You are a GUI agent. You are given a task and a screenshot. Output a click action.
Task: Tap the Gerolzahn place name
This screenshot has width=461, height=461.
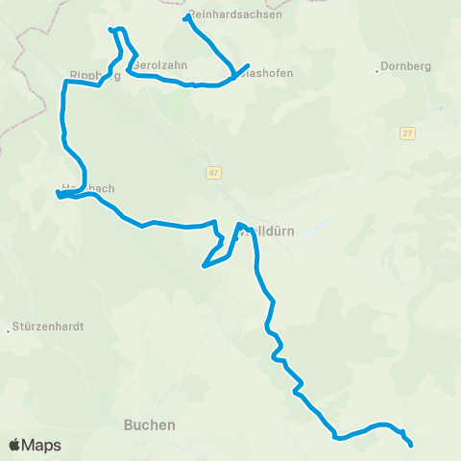pyautogui.click(x=158, y=65)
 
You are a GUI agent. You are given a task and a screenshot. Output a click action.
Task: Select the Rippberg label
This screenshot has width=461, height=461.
pyautogui.click(x=95, y=76)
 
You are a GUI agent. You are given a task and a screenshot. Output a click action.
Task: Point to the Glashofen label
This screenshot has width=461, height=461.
pyautogui.click(x=264, y=73)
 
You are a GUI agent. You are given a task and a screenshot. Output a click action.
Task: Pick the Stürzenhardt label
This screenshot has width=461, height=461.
pyautogui.click(x=49, y=327)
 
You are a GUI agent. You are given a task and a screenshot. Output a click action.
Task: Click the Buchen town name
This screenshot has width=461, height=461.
pyautogui.click(x=150, y=424)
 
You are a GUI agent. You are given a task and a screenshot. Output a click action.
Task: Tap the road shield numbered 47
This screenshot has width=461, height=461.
pyautogui.click(x=212, y=173)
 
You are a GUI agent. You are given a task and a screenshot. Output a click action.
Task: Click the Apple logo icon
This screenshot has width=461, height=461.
pyautogui.click(x=14, y=445)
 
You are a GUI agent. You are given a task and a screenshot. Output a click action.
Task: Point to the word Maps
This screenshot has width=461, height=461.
pyautogui.click(x=41, y=445)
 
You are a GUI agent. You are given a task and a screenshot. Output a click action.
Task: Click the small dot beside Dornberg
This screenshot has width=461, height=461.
pyautogui.click(x=376, y=67)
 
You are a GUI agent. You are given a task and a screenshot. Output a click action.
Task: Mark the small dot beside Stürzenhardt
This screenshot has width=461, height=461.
pyautogui.click(x=9, y=327)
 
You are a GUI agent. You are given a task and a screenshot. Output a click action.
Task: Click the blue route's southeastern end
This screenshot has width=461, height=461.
pyautogui.click(x=411, y=445)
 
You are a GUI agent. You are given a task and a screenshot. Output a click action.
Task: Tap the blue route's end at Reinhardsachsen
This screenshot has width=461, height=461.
pyautogui.click(x=185, y=16)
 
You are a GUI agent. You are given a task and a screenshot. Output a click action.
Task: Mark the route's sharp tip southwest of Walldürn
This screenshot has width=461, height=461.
pyautogui.click(x=204, y=265)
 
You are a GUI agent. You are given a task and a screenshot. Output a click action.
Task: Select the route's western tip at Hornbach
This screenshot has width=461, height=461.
pyautogui.click(x=59, y=195)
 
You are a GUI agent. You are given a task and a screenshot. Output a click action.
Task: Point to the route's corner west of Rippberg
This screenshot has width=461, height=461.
pyautogui.click(x=65, y=84)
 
